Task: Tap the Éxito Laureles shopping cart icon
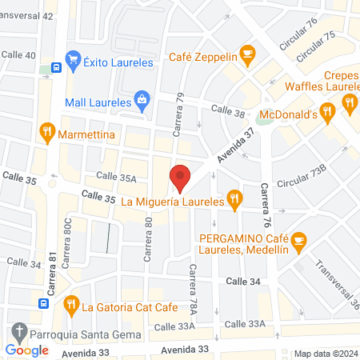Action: pos(73,58)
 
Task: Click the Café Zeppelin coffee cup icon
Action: pos(247,56)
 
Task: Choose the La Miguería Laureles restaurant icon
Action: pos(234,200)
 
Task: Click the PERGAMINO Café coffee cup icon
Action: pos(298,239)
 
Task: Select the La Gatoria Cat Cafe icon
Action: pos(71,305)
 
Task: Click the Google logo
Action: pos(27,350)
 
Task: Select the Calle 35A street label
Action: pos(117,176)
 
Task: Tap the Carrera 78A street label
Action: pos(192,289)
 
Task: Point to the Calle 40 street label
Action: pos(19,55)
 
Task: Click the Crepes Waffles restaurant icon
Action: pos(348,102)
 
